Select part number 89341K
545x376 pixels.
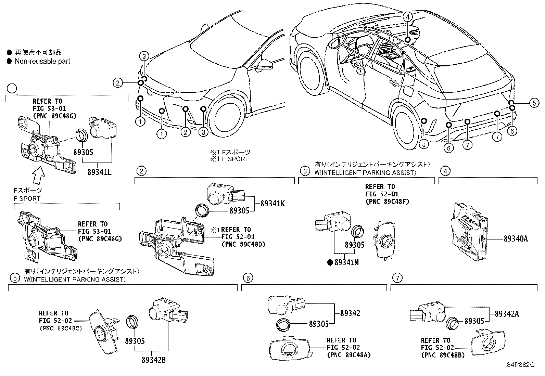272,203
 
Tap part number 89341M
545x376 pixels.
346,262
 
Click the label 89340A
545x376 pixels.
515,239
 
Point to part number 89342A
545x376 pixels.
507,313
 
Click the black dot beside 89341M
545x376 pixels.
330,262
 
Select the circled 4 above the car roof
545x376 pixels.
407,16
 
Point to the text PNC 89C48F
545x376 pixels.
387,202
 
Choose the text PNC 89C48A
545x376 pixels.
349,355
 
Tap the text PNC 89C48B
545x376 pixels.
443,355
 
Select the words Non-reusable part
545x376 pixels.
42,61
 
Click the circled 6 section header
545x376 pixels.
248,278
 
